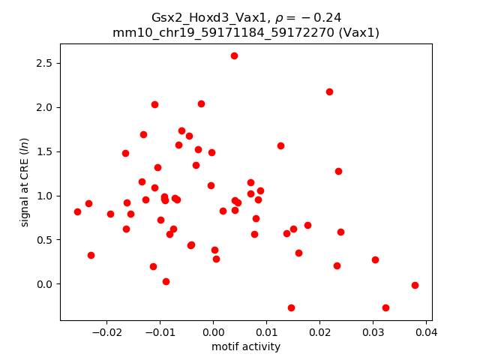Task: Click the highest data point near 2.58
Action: point(234,55)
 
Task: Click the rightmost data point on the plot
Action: point(415,285)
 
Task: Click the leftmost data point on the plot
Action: point(77,211)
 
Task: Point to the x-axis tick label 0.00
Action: point(213,332)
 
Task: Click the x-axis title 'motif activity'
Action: point(246,346)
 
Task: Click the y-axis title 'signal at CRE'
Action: point(25,182)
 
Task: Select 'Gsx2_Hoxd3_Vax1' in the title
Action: point(196,19)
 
